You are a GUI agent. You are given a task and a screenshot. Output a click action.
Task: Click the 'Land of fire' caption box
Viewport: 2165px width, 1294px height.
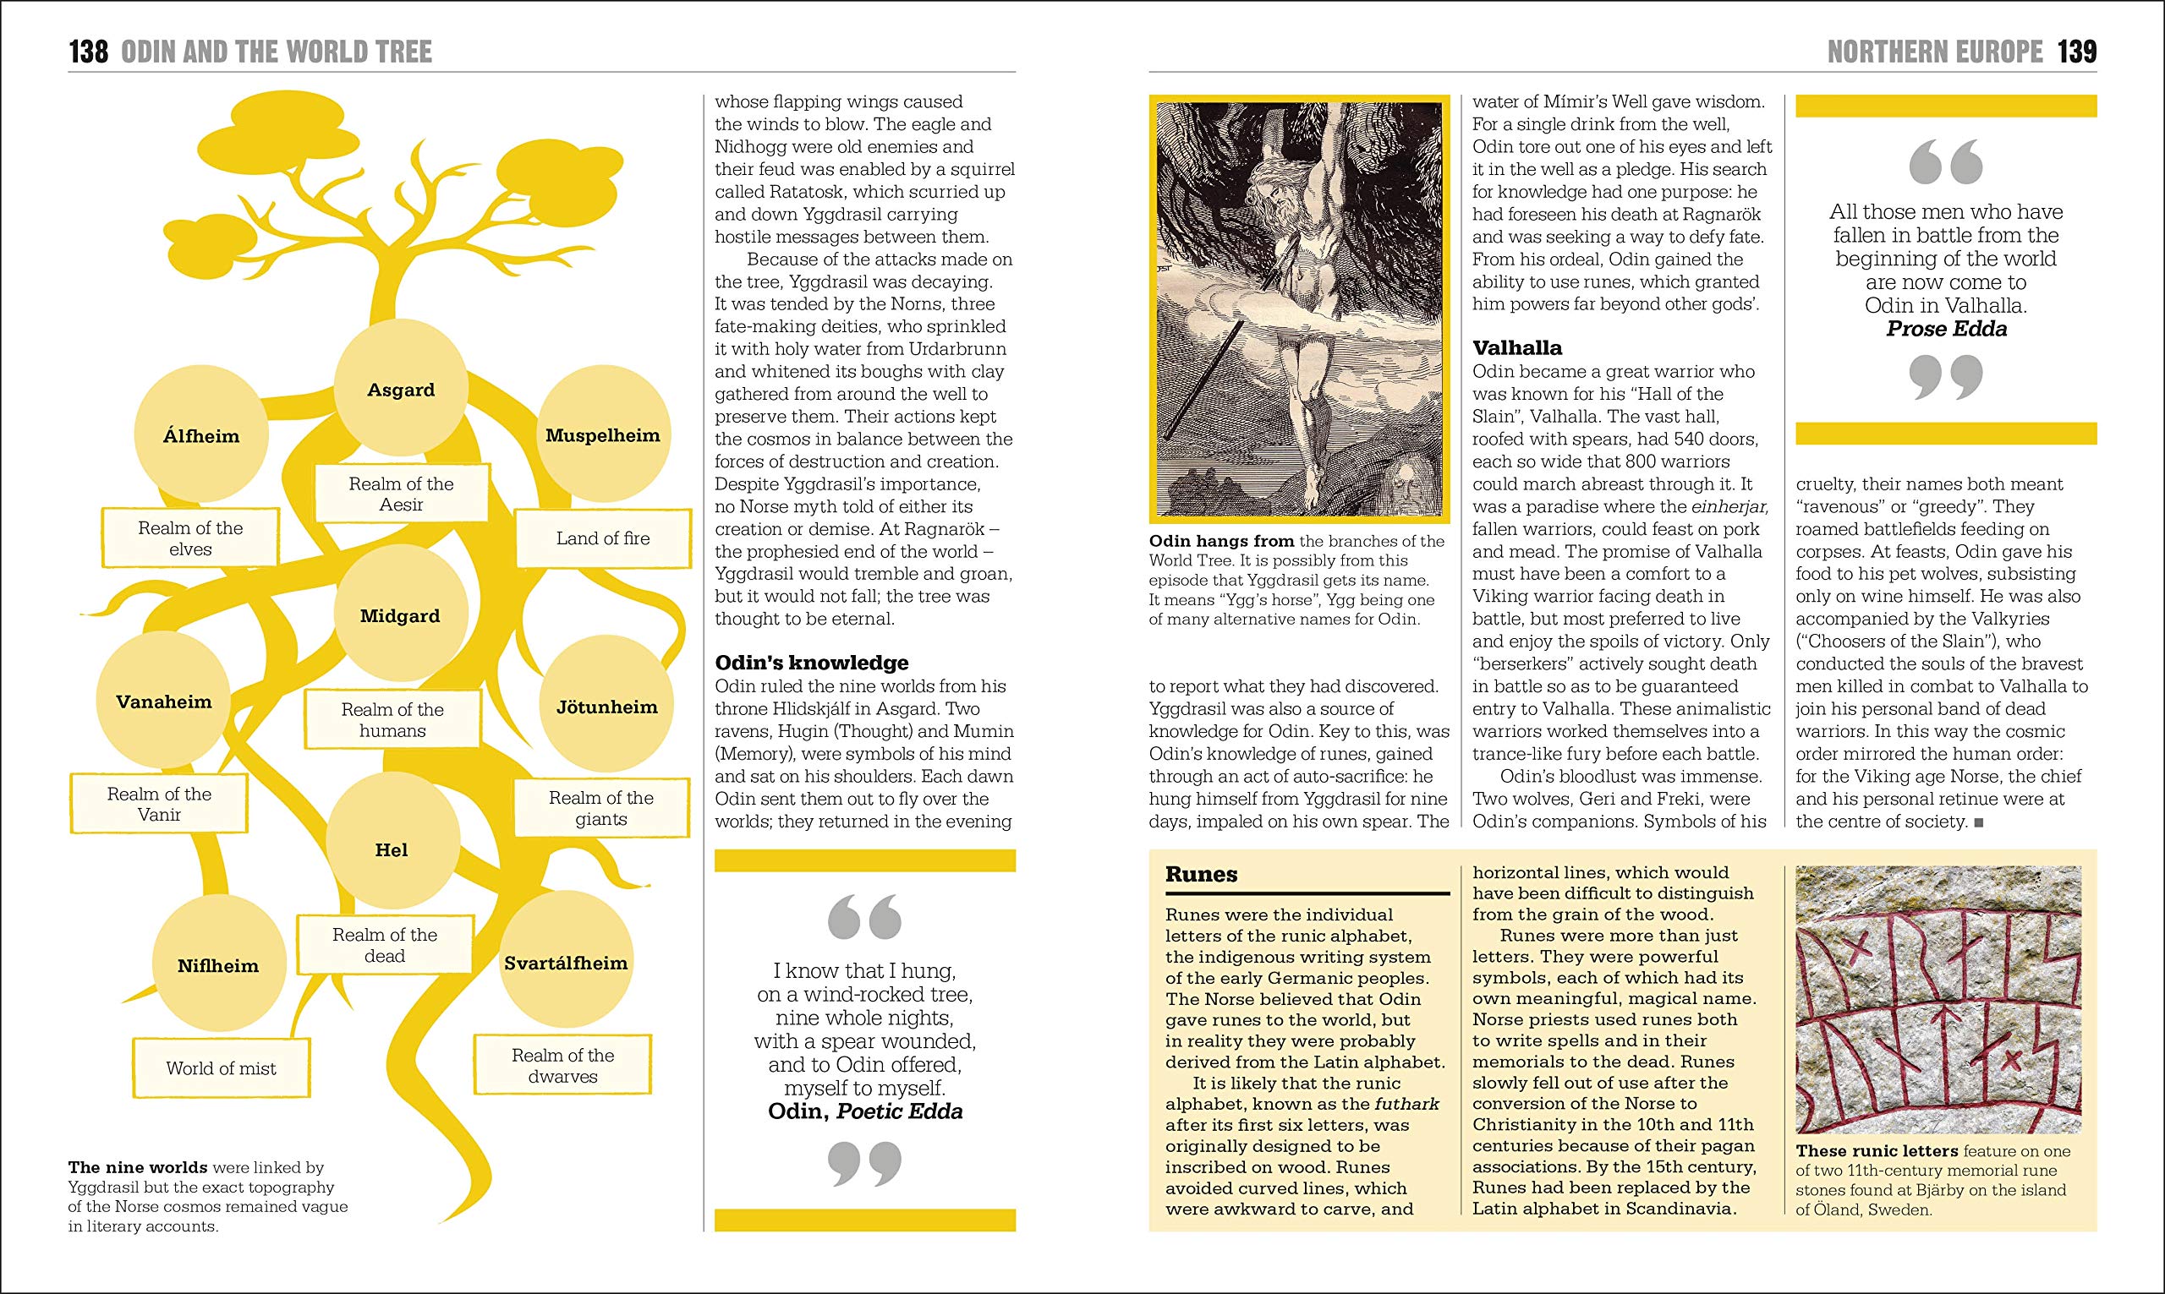click(604, 538)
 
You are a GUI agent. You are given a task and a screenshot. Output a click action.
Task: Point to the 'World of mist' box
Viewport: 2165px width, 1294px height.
click(222, 1067)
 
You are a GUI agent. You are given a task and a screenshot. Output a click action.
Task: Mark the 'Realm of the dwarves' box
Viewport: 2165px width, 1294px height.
click(562, 1065)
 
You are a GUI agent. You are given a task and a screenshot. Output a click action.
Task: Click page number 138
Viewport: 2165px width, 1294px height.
click(88, 52)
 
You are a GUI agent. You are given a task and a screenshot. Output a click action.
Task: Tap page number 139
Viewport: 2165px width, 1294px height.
click(2077, 52)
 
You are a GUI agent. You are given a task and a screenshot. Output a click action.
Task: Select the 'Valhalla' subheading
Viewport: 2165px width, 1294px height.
click(1517, 347)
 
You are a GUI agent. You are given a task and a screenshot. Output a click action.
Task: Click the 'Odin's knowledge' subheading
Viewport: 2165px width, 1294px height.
click(811, 662)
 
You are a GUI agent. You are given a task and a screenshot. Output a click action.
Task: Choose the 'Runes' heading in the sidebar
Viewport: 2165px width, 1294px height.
click(1201, 874)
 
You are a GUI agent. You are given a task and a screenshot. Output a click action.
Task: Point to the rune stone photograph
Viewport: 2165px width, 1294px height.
click(1938, 999)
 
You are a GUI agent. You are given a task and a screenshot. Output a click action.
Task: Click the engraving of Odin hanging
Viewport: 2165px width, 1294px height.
click(1298, 309)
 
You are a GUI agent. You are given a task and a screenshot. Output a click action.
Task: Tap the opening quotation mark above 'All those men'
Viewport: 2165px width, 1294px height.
click(1945, 163)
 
